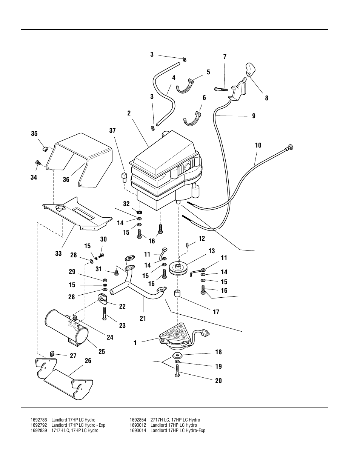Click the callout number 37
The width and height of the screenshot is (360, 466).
point(112,131)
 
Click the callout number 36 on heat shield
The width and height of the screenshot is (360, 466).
point(66,180)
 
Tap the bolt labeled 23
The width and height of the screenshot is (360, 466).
point(104,313)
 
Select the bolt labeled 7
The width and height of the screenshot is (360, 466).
point(220,89)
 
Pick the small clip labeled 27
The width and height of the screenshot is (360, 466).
point(53,354)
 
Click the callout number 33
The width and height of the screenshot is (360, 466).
point(58,254)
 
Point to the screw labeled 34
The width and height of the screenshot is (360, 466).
point(38,162)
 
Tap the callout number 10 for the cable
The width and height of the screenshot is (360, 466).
point(258,145)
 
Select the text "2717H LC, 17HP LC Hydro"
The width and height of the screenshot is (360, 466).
point(175,420)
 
